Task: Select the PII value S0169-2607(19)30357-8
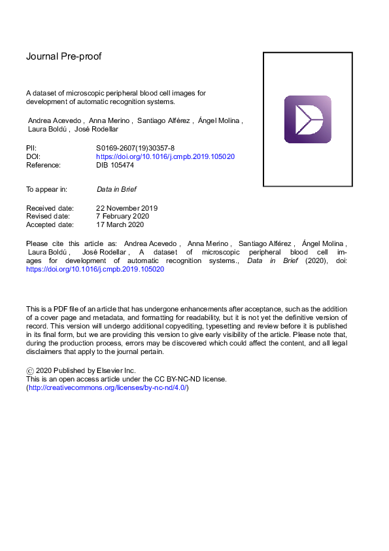(137, 149)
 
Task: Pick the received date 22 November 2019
(127, 208)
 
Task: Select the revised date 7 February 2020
(122, 217)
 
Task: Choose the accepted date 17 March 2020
(120, 225)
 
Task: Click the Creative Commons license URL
(107, 387)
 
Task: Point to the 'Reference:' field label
(43, 166)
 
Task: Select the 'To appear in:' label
(46, 190)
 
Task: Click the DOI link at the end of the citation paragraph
(95, 269)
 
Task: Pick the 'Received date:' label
(49, 208)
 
